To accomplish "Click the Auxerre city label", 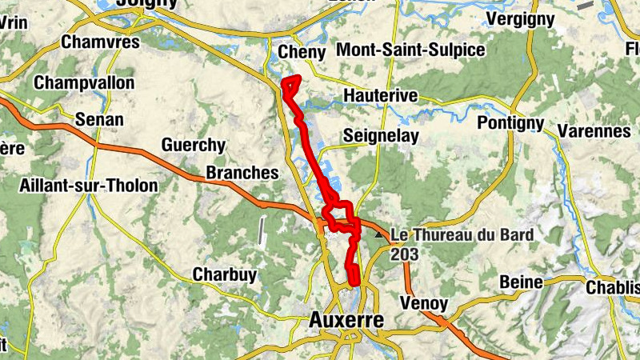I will [x=346, y=321].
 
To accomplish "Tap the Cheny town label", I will [x=301, y=53].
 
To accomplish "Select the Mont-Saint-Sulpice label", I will [x=410, y=50].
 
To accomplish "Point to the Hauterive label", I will [x=380, y=96].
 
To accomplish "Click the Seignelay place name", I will [x=381, y=136].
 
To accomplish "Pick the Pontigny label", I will [x=510, y=123].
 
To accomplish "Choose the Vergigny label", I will [x=520, y=18].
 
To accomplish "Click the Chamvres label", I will [x=100, y=42].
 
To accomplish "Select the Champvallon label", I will [x=84, y=82].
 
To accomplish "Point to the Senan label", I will [x=99, y=120].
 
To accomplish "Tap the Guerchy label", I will [x=193, y=145].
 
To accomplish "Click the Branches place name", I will [x=242, y=173].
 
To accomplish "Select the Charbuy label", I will [x=225, y=275].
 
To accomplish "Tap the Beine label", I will [x=521, y=282].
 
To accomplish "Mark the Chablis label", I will [x=613, y=286].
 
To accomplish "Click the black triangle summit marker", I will [x=379, y=234].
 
